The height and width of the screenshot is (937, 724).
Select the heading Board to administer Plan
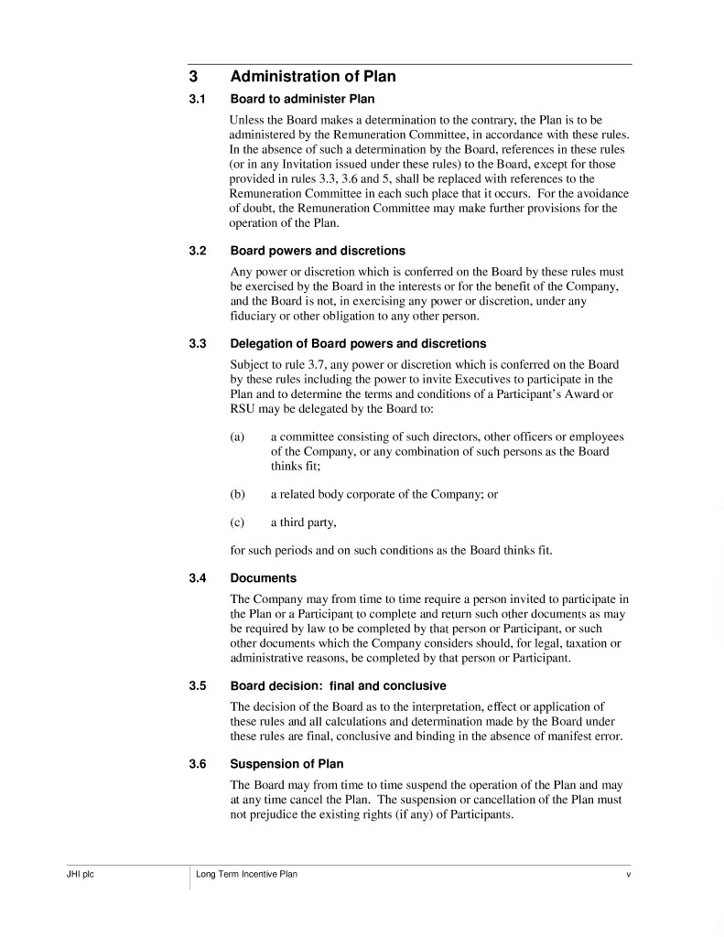[x=302, y=99]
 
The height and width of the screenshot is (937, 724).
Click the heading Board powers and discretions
[x=318, y=251]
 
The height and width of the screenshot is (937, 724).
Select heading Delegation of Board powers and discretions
[x=358, y=344]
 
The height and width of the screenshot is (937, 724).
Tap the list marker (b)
[x=237, y=494]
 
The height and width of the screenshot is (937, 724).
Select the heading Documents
[x=263, y=578]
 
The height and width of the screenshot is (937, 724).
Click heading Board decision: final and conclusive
[x=338, y=685]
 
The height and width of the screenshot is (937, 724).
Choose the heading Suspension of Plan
[x=286, y=764]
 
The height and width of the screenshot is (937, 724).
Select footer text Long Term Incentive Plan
[x=246, y=875]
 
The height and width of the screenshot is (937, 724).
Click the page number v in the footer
[x=628, y=875]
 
